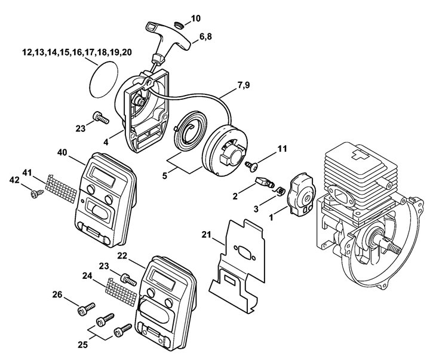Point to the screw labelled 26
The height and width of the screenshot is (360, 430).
(84, 309)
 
